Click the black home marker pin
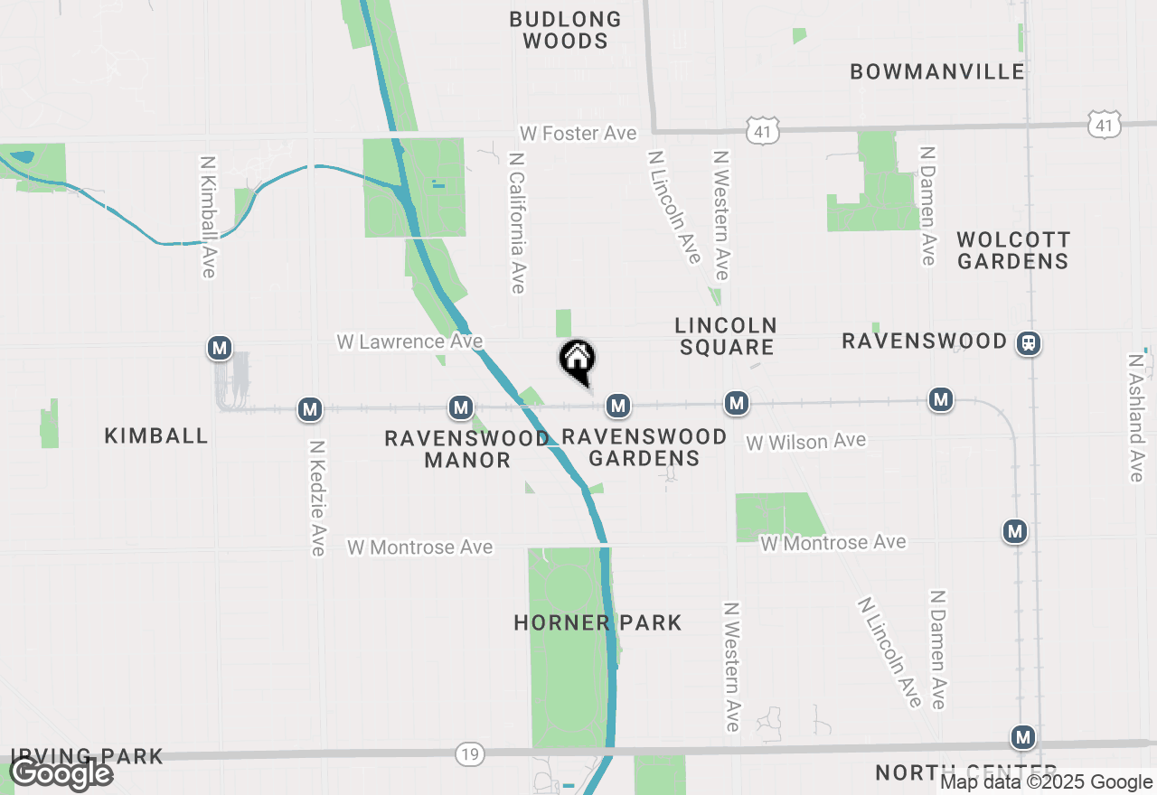(x=577, y=360)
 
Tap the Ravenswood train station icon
(x=1028, y=342)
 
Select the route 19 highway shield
(x=469, y=753)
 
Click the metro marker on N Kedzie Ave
(x=311, y=409)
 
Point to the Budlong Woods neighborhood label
(x=566, y=30)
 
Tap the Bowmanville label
(x=937, y=71)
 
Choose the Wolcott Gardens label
(x=1013, y=250)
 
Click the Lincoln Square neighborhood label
(x=726, y=335)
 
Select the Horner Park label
(x=597, y=622)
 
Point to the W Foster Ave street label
(x=578, y=133)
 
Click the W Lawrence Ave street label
(x=409, y=341)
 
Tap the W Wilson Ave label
(x=805, y=441)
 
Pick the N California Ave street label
(x=517, y=222)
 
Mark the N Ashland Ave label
(x=1136, y=416)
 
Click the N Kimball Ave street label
(x=208, y=217)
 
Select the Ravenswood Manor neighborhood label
(x=467, y=448)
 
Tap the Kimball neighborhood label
(x=156, y=435)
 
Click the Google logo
(x=61, y=774)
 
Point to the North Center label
(x=940, y=773)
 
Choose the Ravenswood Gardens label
(x=644, y=447)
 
